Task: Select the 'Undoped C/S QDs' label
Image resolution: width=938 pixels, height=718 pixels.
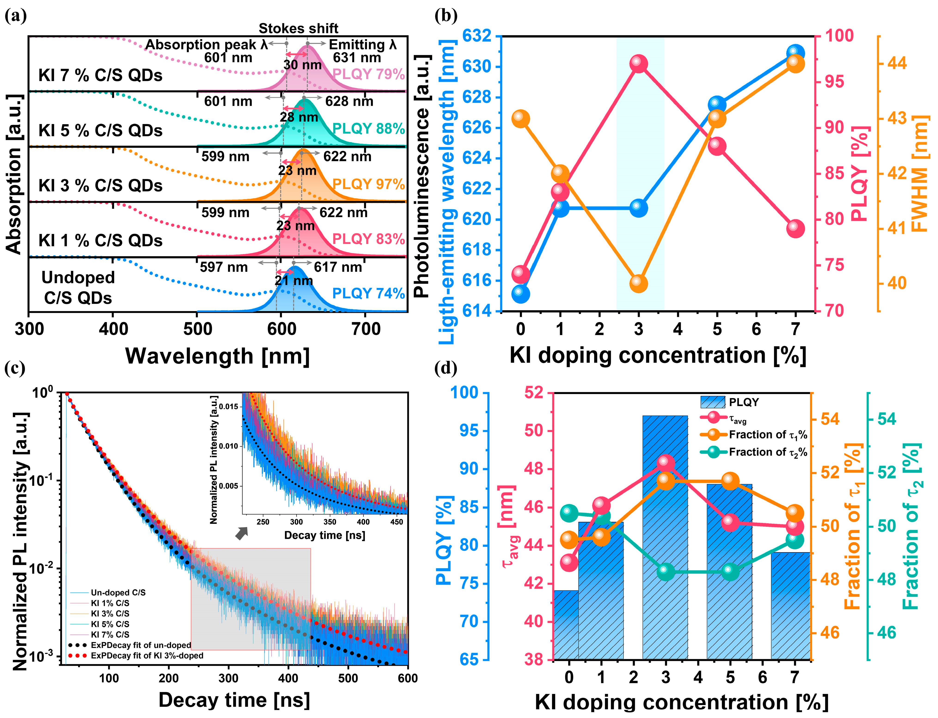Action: (x=78, y=288)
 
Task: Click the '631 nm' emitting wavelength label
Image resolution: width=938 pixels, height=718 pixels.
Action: (x=357, y=58)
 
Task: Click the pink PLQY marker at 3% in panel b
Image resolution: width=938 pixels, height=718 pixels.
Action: (x=639, y=64)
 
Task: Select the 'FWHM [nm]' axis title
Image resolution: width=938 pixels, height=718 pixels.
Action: (x=919, y=173)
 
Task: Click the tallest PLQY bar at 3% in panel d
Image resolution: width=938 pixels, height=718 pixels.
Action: (x=665, y=534)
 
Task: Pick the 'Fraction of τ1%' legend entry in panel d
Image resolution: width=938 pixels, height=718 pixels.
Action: (x=767, y=435)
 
